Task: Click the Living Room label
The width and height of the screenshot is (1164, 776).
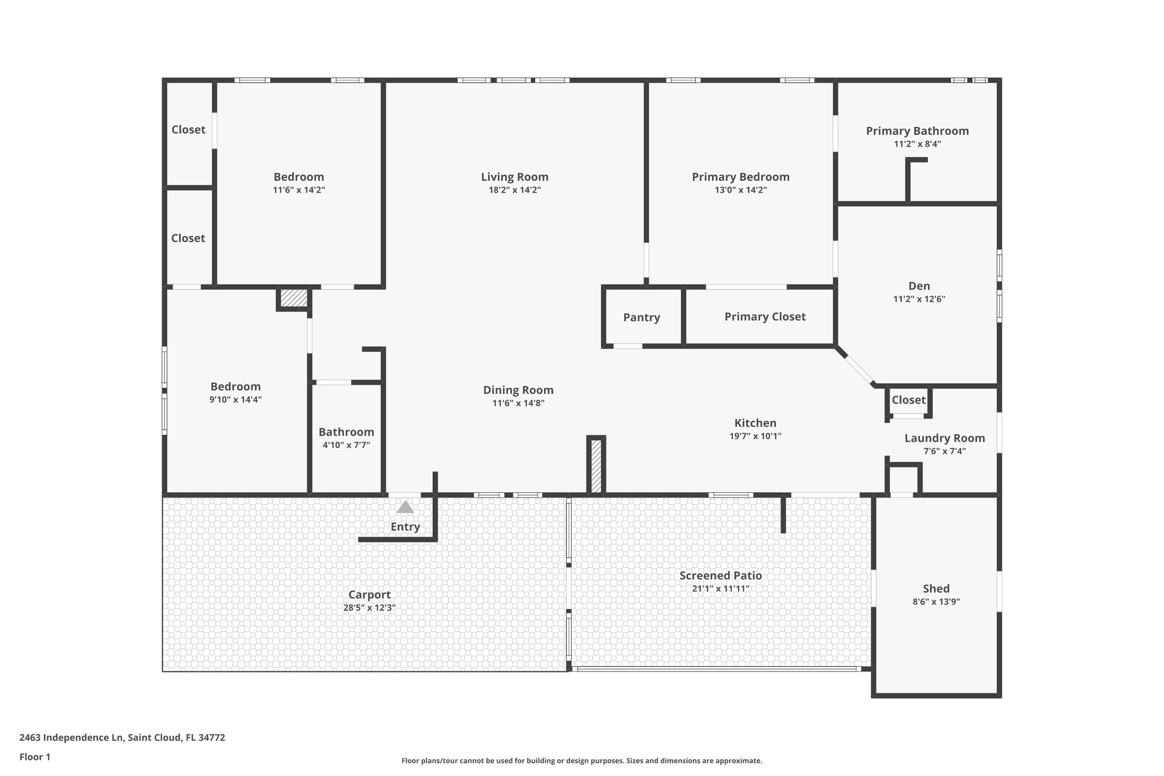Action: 514,177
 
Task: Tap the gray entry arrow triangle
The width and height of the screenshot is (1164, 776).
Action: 405,507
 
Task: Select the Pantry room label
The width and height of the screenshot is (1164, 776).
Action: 641,317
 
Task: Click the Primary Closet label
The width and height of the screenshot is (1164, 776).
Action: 764,317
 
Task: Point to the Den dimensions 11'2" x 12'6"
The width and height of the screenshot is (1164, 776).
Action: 918,299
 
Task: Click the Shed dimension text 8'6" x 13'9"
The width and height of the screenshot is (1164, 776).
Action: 936,601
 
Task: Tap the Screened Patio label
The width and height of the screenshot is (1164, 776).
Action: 720,575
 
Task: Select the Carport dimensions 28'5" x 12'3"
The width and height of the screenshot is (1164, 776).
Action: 369,607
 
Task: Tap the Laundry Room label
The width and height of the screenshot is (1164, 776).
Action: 944,438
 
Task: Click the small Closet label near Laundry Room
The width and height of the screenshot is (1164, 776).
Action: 908,400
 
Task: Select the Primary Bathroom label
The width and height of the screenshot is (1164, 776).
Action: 917,131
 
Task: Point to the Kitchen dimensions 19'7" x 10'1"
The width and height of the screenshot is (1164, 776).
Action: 755,436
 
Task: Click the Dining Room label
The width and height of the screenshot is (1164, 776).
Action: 518,390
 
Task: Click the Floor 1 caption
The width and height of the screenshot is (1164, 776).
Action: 35,757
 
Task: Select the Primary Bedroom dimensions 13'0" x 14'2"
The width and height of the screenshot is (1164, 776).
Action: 740,190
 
